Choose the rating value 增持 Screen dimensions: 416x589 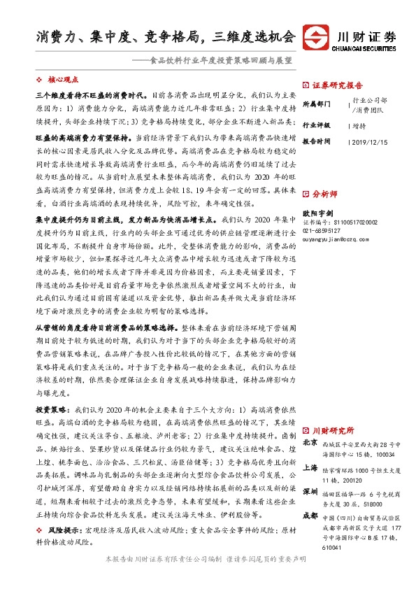coord(359,125)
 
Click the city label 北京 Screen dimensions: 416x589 coord(311,443)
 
